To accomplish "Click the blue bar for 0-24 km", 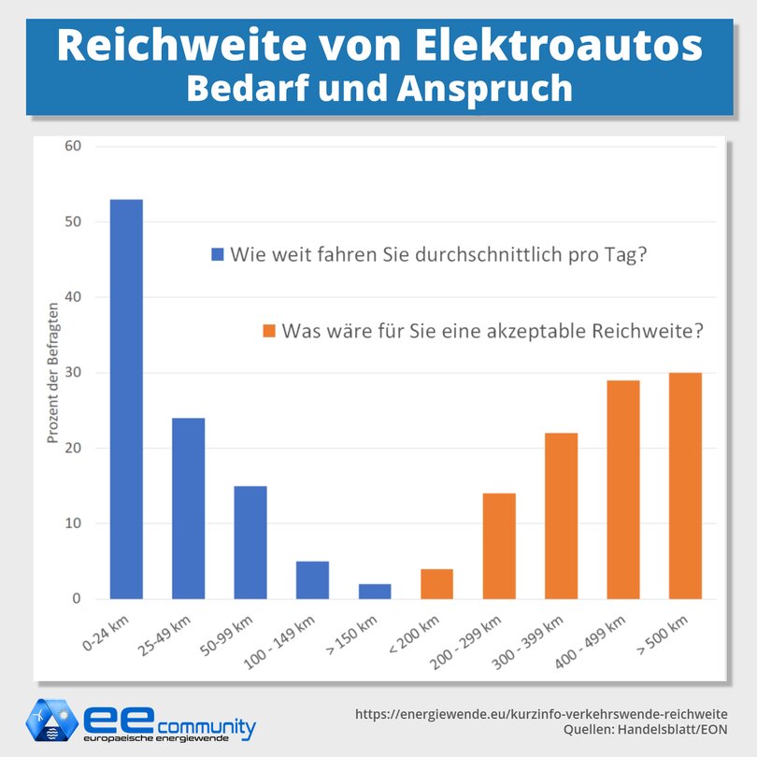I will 126,399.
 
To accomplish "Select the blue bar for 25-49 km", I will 188,508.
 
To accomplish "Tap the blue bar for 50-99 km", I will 250,542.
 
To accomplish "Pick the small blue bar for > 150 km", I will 375,591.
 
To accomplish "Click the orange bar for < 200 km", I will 436,583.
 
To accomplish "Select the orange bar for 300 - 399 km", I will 561,516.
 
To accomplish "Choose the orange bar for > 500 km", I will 685,486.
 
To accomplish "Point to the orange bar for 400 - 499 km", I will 623,490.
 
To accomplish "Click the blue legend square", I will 218,255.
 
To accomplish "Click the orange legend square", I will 269,331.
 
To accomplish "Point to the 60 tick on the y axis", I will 73,147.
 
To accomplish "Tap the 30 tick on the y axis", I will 73,373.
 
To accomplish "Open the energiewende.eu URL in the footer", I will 541,713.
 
